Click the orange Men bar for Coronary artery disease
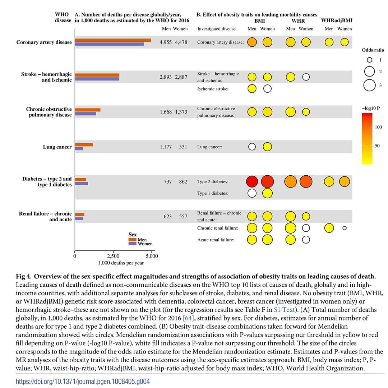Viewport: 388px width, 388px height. coord(113,40)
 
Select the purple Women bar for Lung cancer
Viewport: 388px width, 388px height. coord(79,149)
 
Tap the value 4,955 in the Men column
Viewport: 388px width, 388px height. coord(166,42)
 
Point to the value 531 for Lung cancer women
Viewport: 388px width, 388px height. coord(183,147)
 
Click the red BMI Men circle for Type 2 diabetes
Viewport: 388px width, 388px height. coord(252,181)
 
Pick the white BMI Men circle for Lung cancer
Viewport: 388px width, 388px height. coord(252,147)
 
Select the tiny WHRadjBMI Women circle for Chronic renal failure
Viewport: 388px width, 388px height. coord(345,228)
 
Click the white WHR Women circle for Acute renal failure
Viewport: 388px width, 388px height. coord(306,240)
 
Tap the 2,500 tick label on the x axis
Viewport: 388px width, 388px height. coord(113,256)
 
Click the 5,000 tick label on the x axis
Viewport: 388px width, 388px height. coord(152,256)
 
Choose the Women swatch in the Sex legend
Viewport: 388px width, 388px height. coord(132,244)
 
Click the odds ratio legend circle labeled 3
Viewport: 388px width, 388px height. coord(369,85)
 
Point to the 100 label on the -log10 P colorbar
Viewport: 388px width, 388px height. coord(378,127)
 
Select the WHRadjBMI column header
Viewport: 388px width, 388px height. coord(337,20)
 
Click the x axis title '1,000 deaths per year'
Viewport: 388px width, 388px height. coord(121,263)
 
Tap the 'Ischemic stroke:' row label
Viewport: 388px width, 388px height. coord(213,89)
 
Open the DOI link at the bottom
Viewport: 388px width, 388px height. coord(83,381)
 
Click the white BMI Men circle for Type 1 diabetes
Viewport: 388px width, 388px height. coord(252,193)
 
